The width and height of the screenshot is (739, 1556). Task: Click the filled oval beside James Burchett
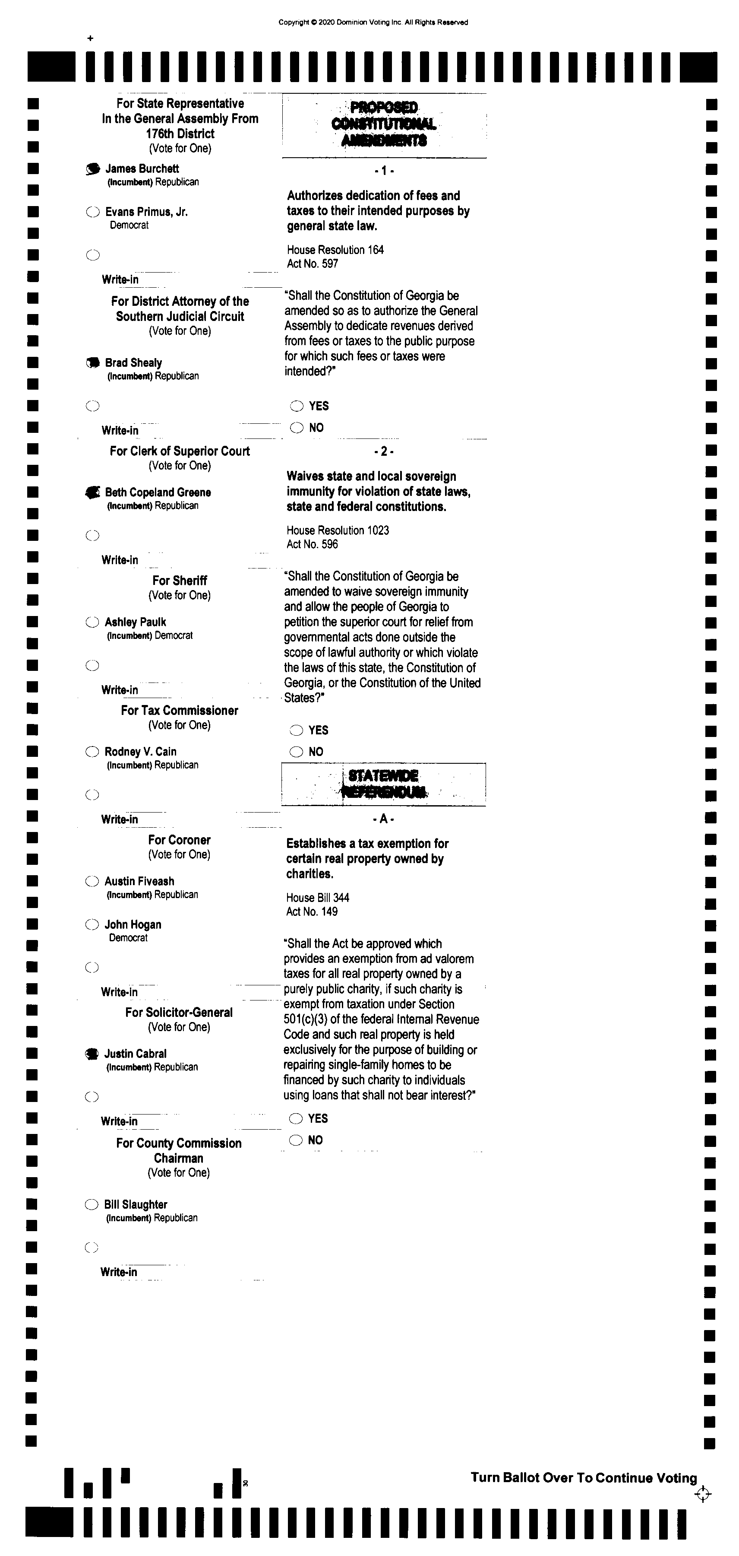tap(92, 169)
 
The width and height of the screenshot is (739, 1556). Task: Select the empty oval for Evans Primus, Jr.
tap(92, 212)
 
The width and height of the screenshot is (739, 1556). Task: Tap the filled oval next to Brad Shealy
tap(92, 363)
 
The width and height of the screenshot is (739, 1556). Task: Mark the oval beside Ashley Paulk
tap(92, 622)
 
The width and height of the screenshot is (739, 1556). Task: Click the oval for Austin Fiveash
tap(92, 881)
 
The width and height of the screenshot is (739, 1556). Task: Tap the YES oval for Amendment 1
tap(297, 406)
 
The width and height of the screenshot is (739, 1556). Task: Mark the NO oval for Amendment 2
tap(296, 752)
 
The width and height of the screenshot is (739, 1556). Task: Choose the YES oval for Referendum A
tap(295, 1119)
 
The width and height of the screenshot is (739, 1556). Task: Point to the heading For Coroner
tap(179, 840)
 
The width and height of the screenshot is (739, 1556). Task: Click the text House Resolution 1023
tap(338, 530)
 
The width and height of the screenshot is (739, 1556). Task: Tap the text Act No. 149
tap(312, 911)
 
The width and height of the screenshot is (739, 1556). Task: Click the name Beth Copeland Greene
tap(158, 492)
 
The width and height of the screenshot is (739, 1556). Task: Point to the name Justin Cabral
tap(135, 1054)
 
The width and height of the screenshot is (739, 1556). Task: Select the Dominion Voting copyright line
tap(373, 22)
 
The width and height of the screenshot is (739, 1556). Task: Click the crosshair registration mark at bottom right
tap(703, 1495)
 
